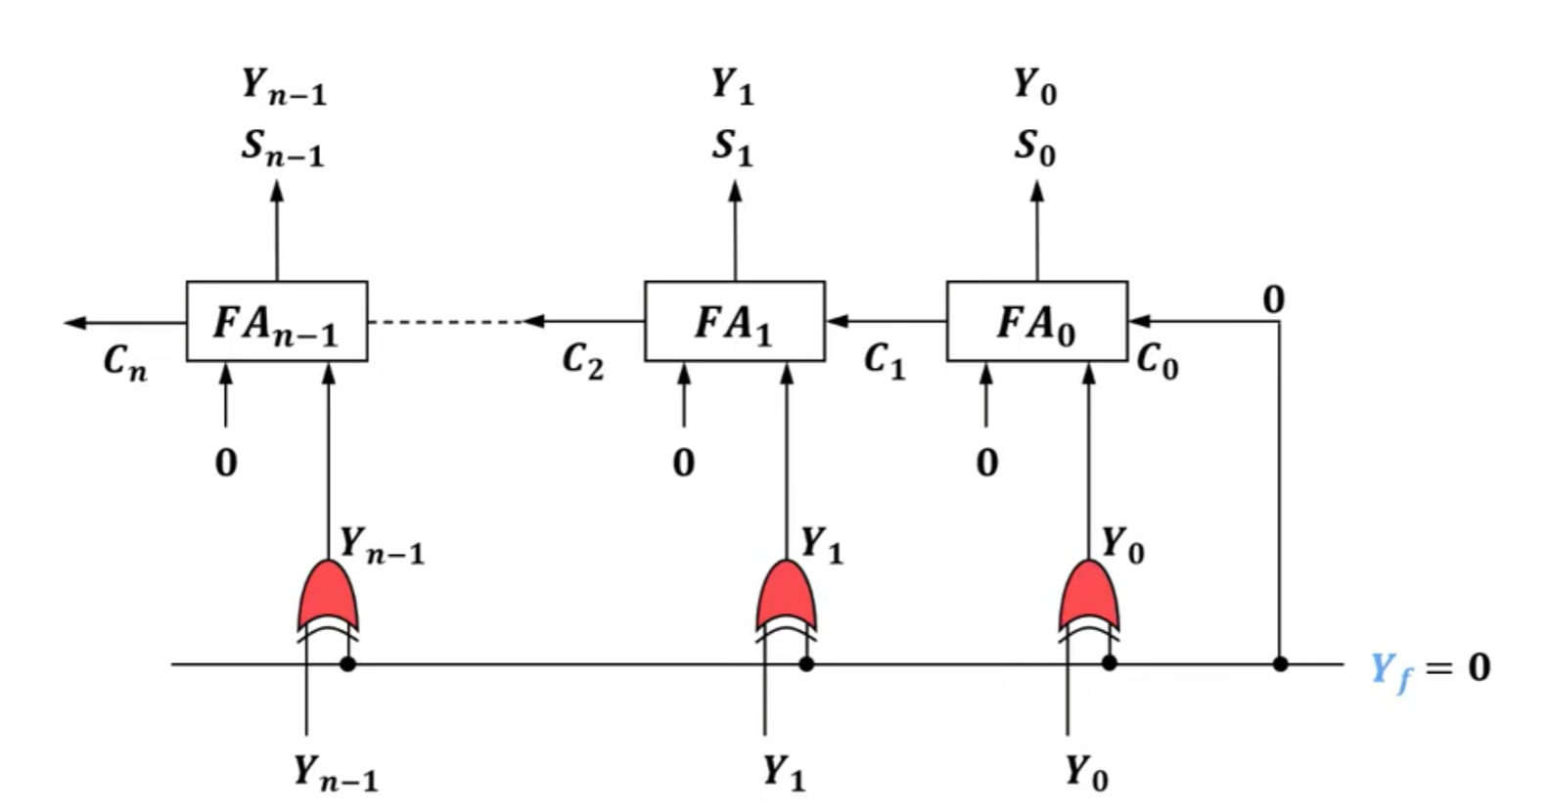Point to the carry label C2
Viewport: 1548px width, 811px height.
[x=583, y=361]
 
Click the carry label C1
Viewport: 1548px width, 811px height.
[x=886, y=361]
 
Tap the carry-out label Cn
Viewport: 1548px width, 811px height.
[x=125, y=362]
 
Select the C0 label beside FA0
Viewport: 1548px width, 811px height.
[x=1158, y=361]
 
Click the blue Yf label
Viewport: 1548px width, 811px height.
[x=1391, y=671]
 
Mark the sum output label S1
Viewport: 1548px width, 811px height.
[x=733, y=148]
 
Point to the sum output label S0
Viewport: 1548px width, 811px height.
[x=1035, y=148]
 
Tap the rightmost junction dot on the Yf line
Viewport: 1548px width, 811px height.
[x=1280, y=664]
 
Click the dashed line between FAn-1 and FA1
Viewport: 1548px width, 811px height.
[x=446, y=322]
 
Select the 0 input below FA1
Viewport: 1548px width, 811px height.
[x=683, y=462]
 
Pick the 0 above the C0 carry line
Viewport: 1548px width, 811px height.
[x=1274, y=299]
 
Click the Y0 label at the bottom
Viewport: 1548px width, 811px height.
[x=1086, y=772]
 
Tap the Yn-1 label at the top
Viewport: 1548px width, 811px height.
[x=284, y=86]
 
